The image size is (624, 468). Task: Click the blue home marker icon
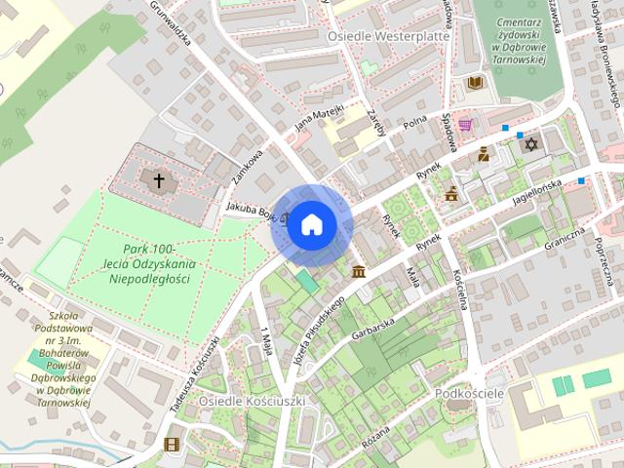311,225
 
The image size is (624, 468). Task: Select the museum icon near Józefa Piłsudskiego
359,270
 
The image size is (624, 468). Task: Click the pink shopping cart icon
465,125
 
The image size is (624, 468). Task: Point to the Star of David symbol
531,144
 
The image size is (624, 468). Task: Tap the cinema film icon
173,445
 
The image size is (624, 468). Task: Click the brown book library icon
475,83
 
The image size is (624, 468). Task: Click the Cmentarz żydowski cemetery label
518,39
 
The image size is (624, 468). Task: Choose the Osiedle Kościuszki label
252,401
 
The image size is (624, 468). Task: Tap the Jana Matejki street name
320,117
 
